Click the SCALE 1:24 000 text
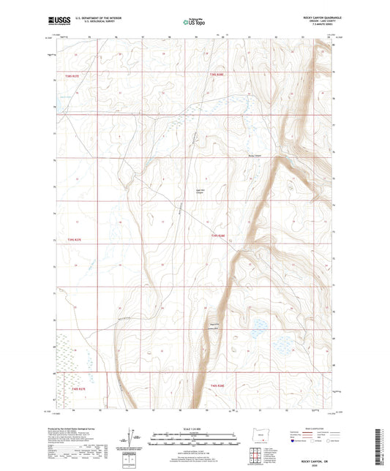click(x=194, y=429)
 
